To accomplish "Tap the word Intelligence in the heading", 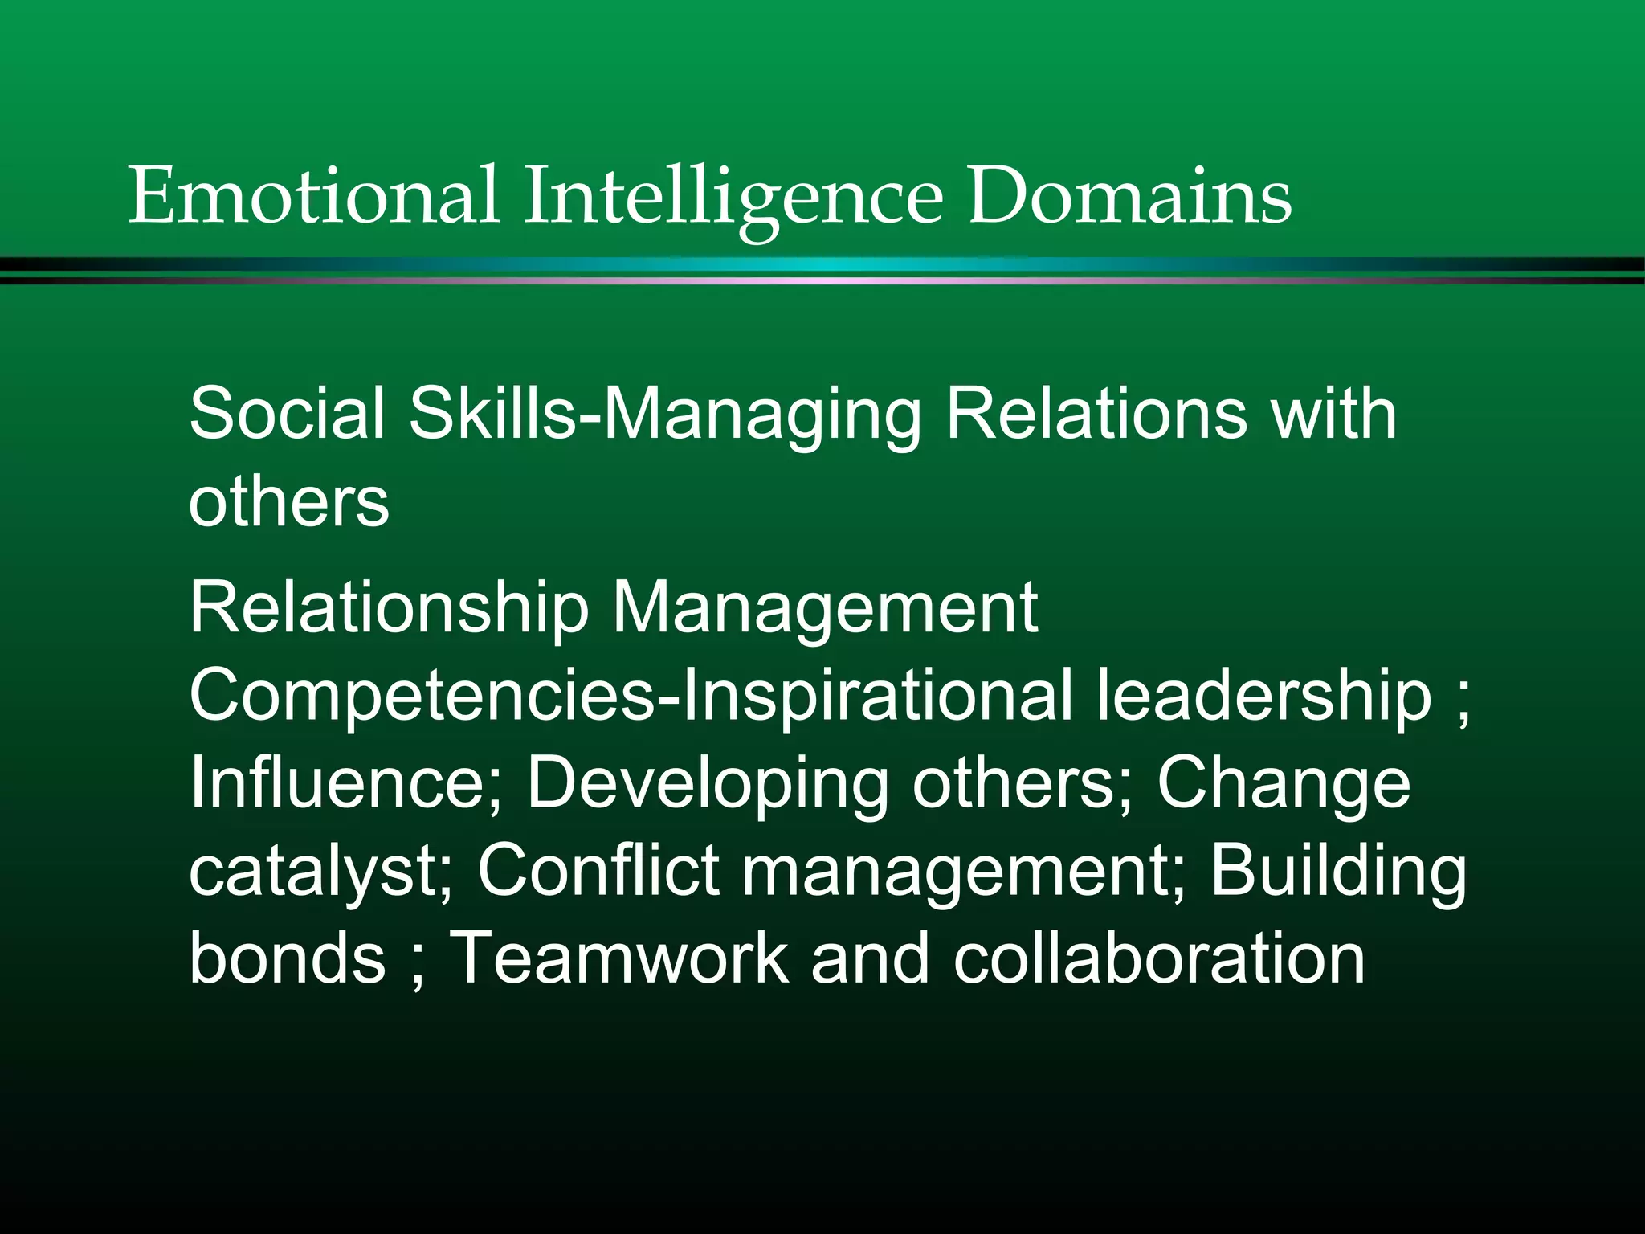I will point(733,197).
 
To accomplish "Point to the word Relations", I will point(1096,413).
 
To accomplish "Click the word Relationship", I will point(390,608).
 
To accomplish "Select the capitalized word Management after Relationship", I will point(825,608).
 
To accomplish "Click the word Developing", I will point(707,784).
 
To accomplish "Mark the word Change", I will point(1283,784).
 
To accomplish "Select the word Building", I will point(1338,871).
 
